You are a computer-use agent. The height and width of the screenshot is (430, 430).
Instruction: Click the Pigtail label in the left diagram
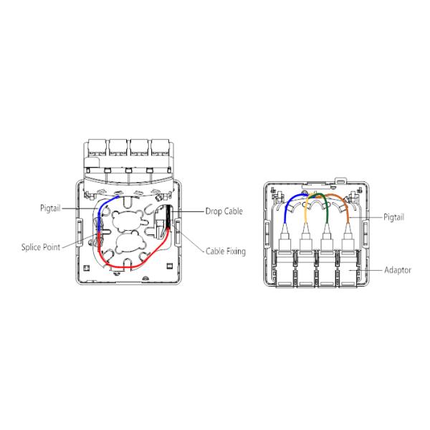point(50,208)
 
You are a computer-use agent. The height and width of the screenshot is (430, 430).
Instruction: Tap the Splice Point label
point(41,247)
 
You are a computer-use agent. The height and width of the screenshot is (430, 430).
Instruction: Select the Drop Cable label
point(224,211)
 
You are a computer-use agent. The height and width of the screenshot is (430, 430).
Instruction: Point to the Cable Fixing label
point(226,252)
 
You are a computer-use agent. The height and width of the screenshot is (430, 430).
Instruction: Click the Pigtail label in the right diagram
point(393,217)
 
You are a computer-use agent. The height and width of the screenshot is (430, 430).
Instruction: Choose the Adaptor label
point(398,270)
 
